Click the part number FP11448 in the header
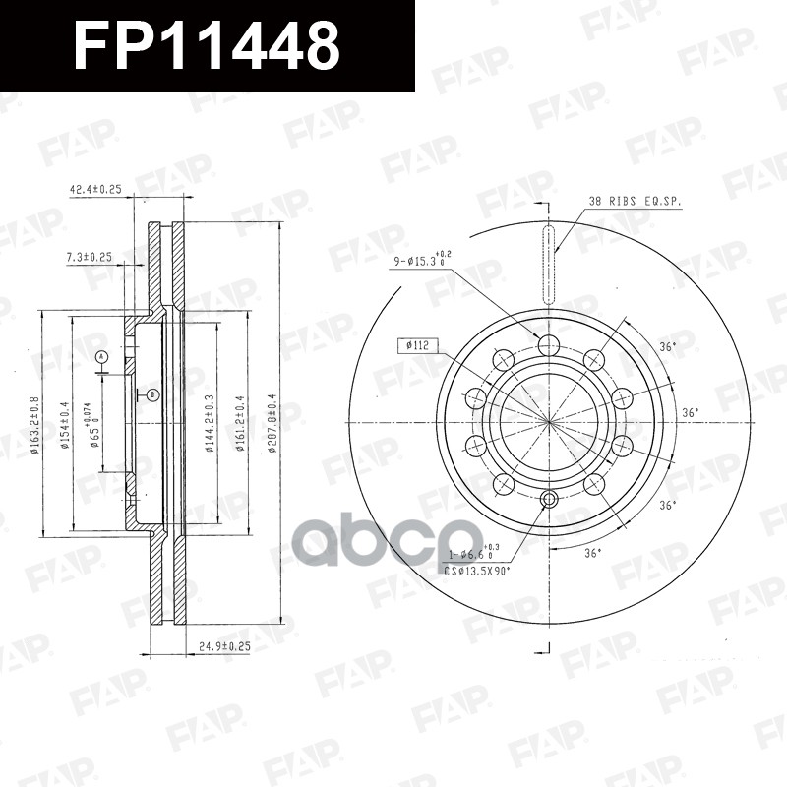pyautogui.click(x=208, y=45)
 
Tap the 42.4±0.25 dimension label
pyautogui.click(x=95, y=190)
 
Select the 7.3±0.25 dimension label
pyautogui.click(x=90, y=257)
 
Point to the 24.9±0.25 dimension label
pyautogui.click(x=225, y=646)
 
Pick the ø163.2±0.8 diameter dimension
pyautogui.click(x=34, y=423)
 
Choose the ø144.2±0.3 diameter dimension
pyautogui.click(x=209, y=423)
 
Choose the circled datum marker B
pyautogui.click(x=152, y=394)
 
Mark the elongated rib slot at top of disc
pyautogui.click(x=548, y=263)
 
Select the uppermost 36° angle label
pyautogui.click(x=667, y=346)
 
